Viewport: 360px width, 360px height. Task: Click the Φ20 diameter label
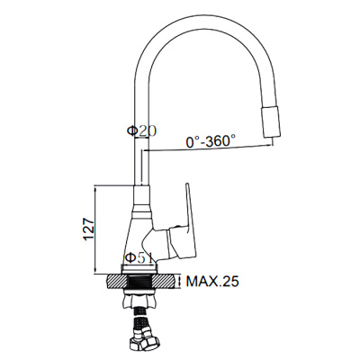pos(141,131)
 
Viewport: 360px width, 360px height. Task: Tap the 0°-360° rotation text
pos(211,141)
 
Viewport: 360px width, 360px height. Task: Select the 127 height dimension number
pos(89,229)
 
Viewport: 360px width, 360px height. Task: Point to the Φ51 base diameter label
pos(139,258)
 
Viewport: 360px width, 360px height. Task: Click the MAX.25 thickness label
pos(212,282)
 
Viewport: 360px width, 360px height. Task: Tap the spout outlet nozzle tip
pos(273,122)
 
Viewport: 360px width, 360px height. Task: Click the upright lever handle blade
pos(191,207)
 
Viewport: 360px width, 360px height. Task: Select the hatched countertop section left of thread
pos(117,282)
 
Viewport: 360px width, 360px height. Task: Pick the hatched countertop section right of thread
pos(164,282)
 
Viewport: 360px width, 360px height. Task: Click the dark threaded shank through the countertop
pos(140,282)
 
